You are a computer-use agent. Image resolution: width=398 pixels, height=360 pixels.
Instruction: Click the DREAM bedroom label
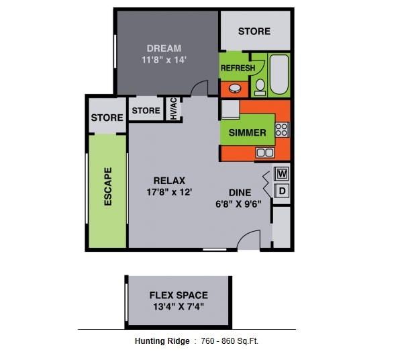(x=164, y=48)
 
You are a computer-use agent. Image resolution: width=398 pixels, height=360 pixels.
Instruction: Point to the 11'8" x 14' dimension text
(x=164, y=59)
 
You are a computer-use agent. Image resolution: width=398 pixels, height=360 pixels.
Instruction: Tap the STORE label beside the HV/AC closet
(x=146, y=111)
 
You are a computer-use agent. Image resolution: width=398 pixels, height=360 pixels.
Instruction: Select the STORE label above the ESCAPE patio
(x=107, y=118)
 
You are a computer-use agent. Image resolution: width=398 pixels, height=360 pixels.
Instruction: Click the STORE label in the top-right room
(x=254, y=31)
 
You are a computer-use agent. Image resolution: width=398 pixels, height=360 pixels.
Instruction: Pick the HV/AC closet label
(x=172, y=109)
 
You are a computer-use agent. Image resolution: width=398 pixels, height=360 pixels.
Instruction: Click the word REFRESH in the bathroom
(x=238, y=69)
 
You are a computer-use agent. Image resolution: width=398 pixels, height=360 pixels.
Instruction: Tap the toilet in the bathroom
(x=259, y=86)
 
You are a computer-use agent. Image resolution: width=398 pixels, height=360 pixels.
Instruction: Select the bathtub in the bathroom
(x=279, y=75)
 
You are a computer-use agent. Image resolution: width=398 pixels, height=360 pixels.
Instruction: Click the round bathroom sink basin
(x=236, y=87)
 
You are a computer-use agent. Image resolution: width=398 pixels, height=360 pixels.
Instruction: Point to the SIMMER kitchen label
(x=247, y=132)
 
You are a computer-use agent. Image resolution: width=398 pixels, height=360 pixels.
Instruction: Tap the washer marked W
(x=282, y=173)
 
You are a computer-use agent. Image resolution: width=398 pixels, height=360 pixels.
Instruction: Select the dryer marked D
(x=282, y=191)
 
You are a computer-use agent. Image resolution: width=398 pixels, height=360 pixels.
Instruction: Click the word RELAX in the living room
(x=169, y=180)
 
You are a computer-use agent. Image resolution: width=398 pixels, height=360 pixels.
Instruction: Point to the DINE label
(x=239, y=193)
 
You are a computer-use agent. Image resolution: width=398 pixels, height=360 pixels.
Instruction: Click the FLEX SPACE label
(x=178, y=295)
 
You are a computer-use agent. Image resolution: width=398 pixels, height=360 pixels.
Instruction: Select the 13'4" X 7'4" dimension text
(x=178, y=307)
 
